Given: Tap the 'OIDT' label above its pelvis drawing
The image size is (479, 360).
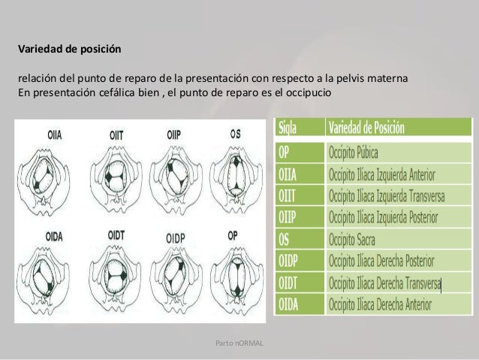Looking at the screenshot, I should pyautogui.click(x=115, y=235).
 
